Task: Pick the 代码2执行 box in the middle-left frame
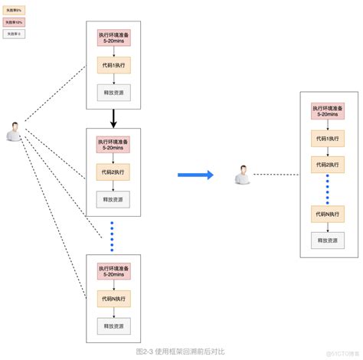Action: [113, 172]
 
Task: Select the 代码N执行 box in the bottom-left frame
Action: [113, 297]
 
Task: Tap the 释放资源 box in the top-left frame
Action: [113, 92]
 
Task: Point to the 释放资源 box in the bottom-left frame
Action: [113, 326]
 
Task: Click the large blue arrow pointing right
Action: [195, 175]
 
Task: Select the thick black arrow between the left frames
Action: [113, 118]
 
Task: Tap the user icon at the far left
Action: [13, 131]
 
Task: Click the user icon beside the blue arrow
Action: [243, 175]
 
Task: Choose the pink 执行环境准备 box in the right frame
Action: [327, 112]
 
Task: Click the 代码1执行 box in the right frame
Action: [327, 139]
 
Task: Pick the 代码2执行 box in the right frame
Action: [327, 164]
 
